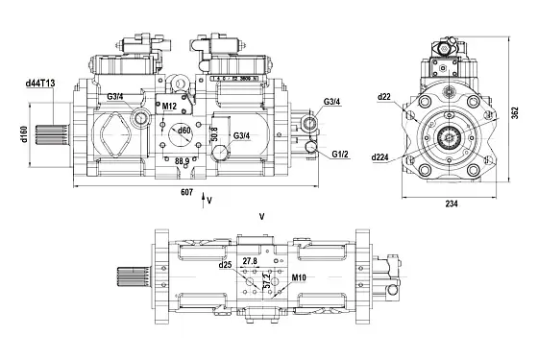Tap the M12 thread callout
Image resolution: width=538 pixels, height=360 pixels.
click(169, 106)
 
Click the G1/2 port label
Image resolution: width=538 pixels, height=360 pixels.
click(341, 153)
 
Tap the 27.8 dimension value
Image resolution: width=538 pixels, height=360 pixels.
click(251, 261)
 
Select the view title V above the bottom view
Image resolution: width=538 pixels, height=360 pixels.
click(262, 218)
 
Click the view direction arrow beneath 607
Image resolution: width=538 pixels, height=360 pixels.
click(202, 202)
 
